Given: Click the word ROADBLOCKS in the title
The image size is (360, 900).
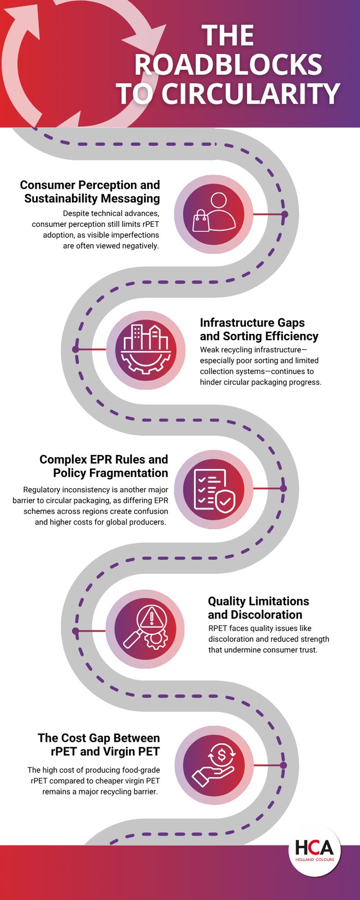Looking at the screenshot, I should click(228, 64).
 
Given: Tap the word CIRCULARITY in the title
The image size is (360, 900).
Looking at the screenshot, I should click(250, 94).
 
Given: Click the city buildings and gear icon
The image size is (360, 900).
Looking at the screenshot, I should click(145, 350).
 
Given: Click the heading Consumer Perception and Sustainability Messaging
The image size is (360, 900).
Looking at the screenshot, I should click(91, 191).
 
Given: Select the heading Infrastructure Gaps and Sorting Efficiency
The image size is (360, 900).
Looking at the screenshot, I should click(259, 329).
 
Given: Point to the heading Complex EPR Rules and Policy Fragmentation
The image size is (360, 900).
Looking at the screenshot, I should click(104, 466).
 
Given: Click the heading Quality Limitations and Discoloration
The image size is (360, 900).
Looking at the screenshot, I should click(258, 608).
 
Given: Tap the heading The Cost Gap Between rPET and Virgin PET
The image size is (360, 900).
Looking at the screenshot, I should click(99, 745).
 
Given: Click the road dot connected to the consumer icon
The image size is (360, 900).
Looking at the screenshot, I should click(284, 214).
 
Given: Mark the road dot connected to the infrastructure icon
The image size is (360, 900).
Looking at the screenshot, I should click(76, 349).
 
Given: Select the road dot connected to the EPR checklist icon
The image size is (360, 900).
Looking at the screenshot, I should click(284, 489).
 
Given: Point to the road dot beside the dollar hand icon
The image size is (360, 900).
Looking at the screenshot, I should click(284, 765).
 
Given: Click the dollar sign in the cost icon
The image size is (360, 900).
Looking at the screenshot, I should click(221, 755).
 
